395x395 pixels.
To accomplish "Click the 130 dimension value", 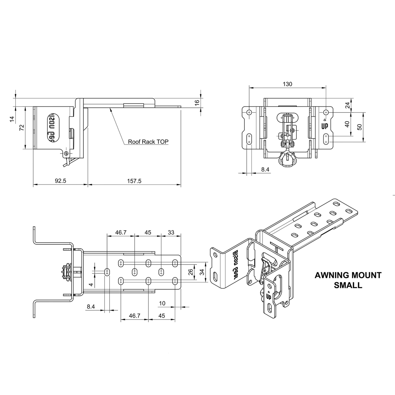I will click(x=287, y=84).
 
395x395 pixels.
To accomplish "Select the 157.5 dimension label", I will click(x=134, y=181).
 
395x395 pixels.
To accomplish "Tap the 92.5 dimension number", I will click(x=60, y=181).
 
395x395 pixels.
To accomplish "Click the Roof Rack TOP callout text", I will click(x=148, y=142).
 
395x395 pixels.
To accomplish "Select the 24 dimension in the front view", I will click(x=347, y=105).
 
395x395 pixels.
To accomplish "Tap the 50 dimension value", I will click(x=360, y=127).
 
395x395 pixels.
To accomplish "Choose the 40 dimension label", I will click(x=347, y=124).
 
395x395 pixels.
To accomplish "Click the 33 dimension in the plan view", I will click(x=171, y=232).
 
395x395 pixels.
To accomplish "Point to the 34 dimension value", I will click(x=202, y=272).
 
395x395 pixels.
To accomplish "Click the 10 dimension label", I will click(x=162, y=303).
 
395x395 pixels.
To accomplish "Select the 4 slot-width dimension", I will click(x=91, y=284).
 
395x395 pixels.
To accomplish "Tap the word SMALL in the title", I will click(x=347, y=285).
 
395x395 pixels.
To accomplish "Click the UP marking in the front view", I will click(x=324, y=126).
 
